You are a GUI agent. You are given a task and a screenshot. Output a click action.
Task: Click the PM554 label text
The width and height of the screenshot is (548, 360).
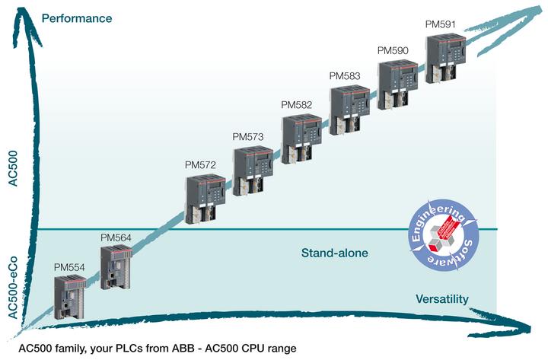click(69, 267)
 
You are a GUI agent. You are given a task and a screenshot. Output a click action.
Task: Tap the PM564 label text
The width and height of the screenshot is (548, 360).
click(116, 237)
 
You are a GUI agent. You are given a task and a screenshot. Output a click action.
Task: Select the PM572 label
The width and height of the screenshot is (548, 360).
click(201, 164)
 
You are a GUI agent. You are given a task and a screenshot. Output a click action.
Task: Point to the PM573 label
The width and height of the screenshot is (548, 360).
click(247, 136)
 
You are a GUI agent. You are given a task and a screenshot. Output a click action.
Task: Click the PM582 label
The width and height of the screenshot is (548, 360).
click(297, 104)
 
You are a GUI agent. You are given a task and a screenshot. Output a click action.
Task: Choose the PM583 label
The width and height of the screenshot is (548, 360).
click(345, 76)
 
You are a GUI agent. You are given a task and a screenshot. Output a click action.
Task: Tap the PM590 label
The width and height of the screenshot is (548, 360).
click(393, 50)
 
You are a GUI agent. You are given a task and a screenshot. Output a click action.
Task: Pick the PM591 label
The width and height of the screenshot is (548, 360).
click(441, 24)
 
